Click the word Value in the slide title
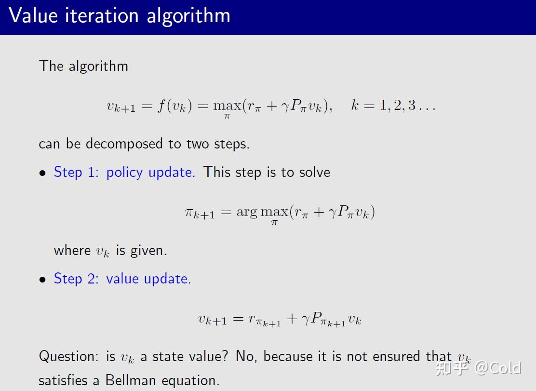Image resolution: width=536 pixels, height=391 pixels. pyautogui.click(x=33, y=16)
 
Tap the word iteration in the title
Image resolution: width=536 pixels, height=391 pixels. pyautogui.click(x=102, y=16)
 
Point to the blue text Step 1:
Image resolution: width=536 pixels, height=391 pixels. pyautogui.click(x=76, y=172)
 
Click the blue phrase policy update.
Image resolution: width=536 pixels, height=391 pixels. pyautogui.click(x=151, y=173)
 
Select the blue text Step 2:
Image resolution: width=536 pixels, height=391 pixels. pyautogui.click(x=76, y=279)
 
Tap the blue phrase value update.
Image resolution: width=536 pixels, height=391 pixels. pyautogui.click(x=148, y=279)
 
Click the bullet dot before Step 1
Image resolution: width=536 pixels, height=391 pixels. pyautogui.click(x=42, y=173)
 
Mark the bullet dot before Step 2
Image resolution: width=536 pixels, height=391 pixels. pyautogui.click(x=42, y=280)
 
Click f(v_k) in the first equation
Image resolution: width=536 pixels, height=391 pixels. pyautogui.click(x=174, y=106)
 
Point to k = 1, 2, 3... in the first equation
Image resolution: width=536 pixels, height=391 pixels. pyautogui.click(x=393, y=105)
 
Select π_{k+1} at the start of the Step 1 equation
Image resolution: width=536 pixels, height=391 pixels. pyautogui.click(x=200, y=213)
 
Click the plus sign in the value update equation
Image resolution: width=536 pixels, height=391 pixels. pyautogui.click(x=292, y=319)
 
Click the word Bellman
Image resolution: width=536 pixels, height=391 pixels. pyautogui.click(x=131, y=380)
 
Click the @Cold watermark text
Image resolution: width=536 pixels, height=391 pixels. pyautogui.click(x=498, y=368)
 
